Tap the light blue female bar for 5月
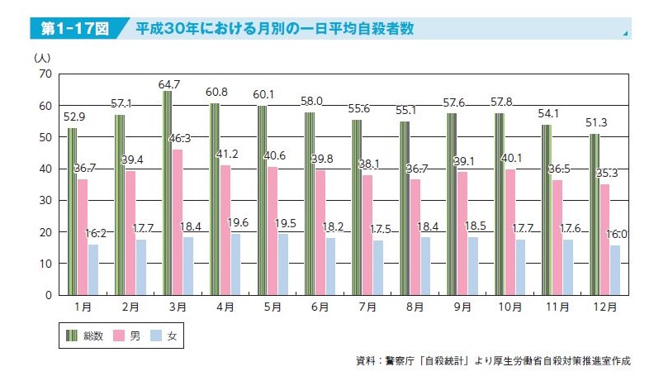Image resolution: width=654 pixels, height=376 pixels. pos(282,264)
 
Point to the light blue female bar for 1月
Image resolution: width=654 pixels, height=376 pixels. pos(92,269)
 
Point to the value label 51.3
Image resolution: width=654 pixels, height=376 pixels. pos(596,123)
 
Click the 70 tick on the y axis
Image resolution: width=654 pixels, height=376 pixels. pos(45,74)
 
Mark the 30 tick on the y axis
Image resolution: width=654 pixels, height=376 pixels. pos(45,200)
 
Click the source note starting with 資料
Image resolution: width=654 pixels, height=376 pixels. pos(492,361)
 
